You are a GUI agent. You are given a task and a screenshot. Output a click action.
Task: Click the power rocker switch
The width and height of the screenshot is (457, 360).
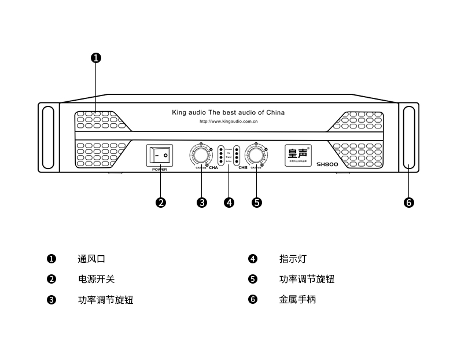(160, 156)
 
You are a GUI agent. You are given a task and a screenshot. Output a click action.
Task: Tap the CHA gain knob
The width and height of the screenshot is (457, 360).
(201, 155)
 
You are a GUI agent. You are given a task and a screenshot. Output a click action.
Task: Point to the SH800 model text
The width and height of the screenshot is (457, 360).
(327, 164)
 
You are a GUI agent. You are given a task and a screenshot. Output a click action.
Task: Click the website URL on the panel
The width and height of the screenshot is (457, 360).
(228, 122)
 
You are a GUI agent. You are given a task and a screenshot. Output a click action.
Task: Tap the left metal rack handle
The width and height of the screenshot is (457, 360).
(48, 138)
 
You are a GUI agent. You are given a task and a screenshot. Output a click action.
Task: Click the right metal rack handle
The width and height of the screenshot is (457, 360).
(409, 138)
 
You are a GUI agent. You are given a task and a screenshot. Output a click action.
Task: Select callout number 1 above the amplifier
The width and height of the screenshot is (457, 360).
(97, 57)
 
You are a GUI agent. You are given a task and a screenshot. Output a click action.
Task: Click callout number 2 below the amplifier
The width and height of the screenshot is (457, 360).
(161, 202)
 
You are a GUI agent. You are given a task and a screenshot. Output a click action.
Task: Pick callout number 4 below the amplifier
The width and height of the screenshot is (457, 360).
(229, 202)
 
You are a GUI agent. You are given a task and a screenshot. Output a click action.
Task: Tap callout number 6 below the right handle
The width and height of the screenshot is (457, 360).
(409, 202)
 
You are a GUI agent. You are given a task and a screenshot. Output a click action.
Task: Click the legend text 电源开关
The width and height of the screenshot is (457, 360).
(96, 279)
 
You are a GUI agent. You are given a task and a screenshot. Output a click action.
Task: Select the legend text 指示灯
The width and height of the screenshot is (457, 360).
(293, 259)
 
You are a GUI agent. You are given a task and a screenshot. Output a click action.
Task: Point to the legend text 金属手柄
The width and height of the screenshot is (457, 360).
(297, 299)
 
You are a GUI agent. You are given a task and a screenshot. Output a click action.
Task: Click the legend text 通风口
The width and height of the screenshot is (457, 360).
(91, 259)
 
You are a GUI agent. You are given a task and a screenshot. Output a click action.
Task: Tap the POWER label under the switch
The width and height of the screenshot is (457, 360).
(159, 170)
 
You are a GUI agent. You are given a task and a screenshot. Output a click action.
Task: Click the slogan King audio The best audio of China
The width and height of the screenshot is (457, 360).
(228, 112)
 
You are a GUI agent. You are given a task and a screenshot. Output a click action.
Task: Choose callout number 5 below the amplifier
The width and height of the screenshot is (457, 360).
(257, 202)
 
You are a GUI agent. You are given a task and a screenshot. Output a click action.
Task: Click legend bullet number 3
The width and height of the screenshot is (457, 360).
(51, 300)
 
